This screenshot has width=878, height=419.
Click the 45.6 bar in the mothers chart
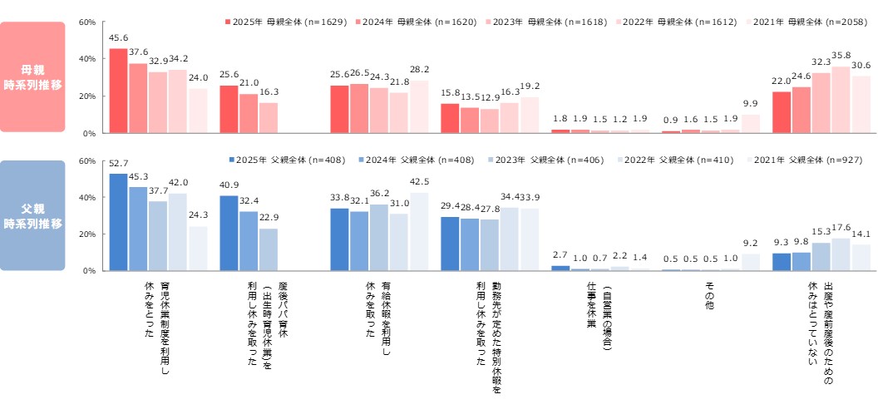tap(118, 91)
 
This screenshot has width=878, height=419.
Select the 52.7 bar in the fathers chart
tap(118, 222)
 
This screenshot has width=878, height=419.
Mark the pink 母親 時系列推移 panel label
tap(32, 76)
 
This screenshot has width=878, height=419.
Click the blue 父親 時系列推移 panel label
tap(32, 215)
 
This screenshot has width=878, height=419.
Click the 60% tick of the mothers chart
tap(87, 22)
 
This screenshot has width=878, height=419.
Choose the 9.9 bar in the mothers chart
tap(751, 124)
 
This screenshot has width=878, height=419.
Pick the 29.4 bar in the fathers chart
tap(449, 244)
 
